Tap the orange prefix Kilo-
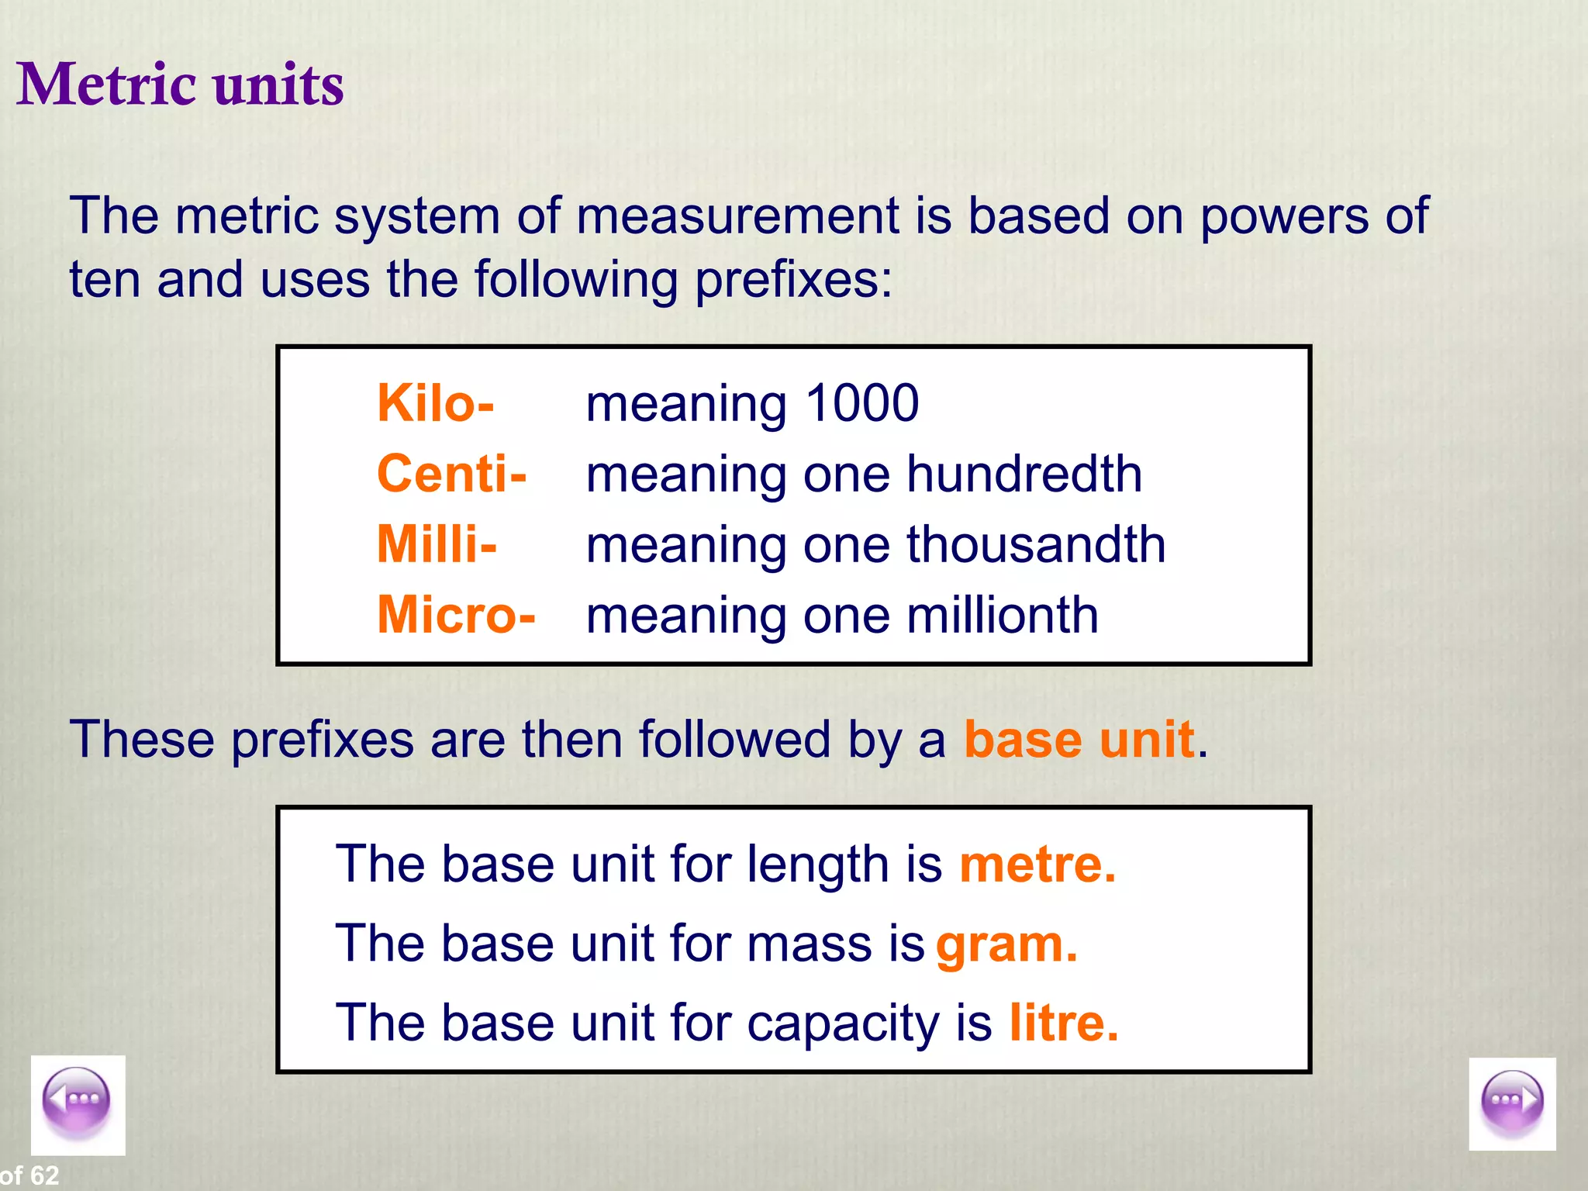[435, 403]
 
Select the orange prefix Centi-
[451, 474]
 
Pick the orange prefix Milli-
[437, 544]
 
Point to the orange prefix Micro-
[456, 615]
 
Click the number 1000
[861, 403]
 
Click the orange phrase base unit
[1078, 739]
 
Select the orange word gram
[1006, 944]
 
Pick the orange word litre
[1063, 1023]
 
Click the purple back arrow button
[77, 1100]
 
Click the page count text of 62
[29, 1175]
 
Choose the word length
[817, 865]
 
